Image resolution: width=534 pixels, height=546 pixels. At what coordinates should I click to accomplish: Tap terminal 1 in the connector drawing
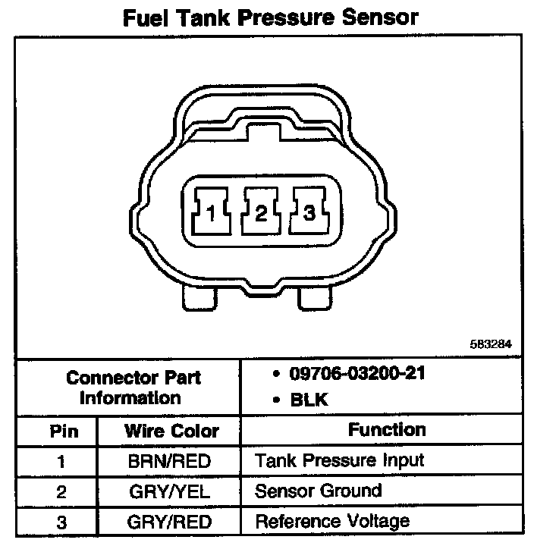(212, 215)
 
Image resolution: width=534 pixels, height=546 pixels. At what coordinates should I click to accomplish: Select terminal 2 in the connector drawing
(261, 215)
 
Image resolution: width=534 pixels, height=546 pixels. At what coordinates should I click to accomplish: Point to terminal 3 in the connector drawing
(309, 215)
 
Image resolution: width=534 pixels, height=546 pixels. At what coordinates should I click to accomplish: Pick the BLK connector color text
(310, 400)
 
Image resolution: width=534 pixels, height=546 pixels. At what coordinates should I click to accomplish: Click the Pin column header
(64, 431)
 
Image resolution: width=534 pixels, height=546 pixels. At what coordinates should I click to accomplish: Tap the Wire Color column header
(171, 431)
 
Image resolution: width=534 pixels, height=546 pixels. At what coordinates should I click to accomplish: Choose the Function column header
(387, 430)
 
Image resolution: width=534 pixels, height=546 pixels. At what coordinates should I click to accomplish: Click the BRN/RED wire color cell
(171, 461)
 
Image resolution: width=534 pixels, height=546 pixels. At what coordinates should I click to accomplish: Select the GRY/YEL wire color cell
(171, 491)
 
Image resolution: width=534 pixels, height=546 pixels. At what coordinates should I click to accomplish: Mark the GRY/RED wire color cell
(171, 522)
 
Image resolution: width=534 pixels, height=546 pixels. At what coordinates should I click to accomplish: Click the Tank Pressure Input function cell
(339, 460)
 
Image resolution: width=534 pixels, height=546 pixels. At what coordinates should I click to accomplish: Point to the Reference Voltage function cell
(332, 522)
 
